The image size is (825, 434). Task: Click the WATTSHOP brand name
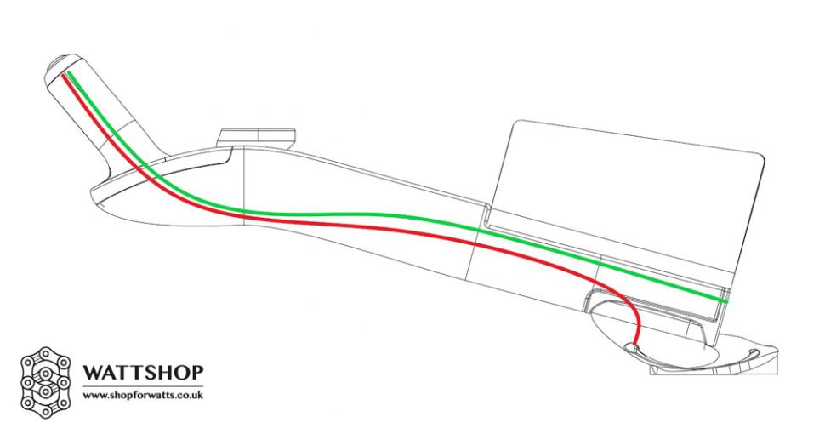(143, 372)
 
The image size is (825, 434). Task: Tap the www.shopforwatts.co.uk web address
(143, 395)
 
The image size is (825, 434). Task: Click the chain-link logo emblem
(46, 382)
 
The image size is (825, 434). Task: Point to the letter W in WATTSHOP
(93, 373)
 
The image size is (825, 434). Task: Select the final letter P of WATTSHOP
(197, 373)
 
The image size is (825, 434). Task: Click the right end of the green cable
(726, 301)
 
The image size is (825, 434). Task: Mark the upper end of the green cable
(69, 72)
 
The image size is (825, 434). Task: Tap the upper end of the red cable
(64, 76)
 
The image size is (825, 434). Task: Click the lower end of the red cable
(635, 346)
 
